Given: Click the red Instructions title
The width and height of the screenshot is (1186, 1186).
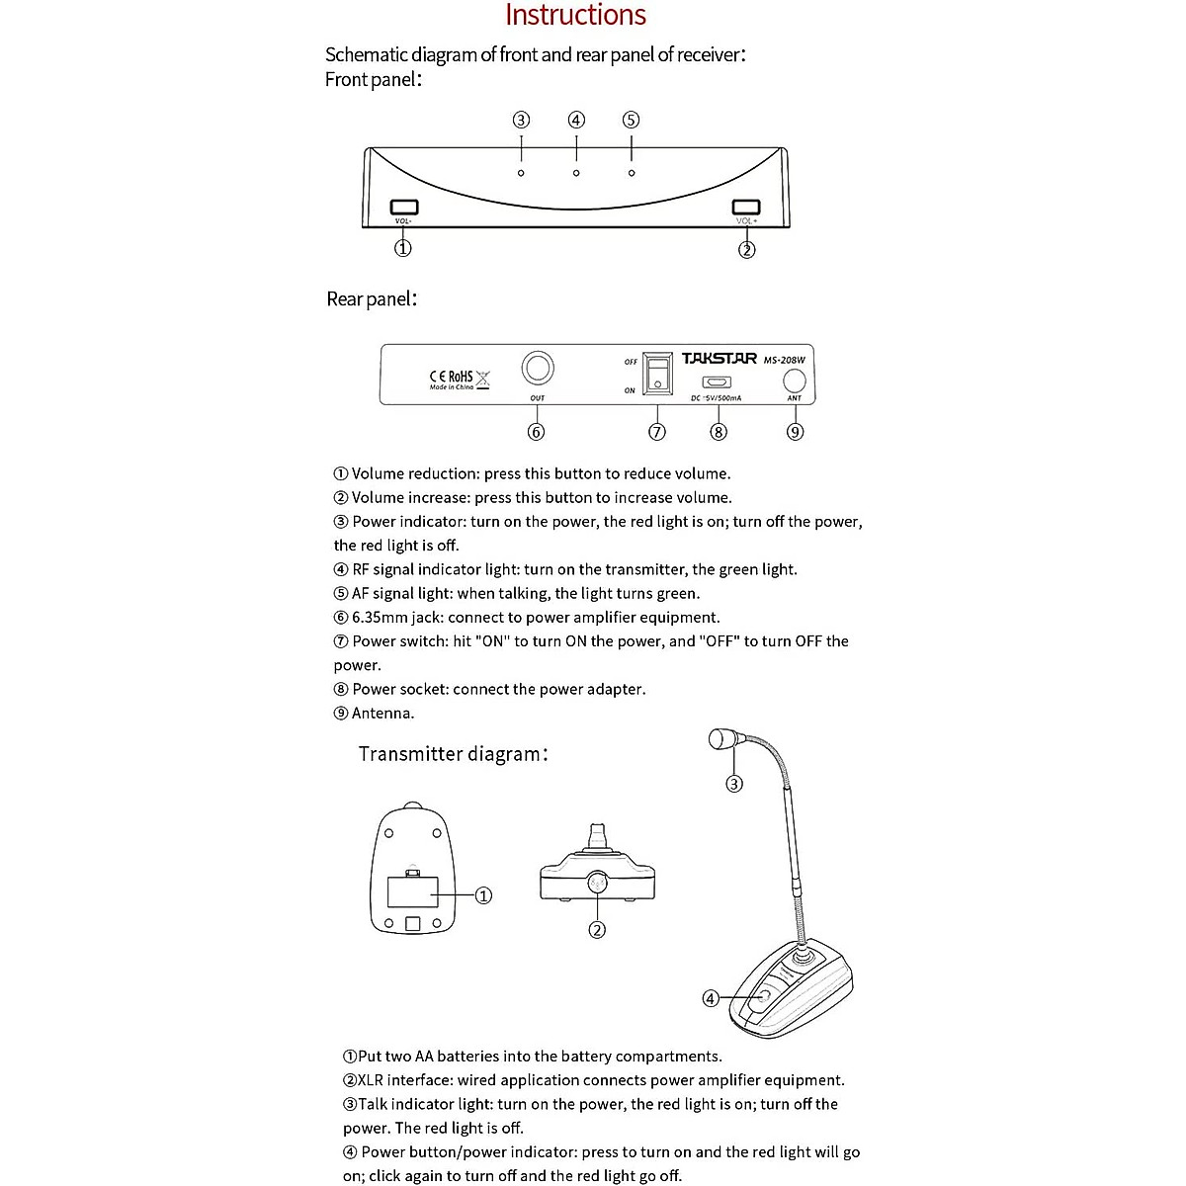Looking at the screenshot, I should [575, 16].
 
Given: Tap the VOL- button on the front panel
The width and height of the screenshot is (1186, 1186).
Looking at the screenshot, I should [404, 207].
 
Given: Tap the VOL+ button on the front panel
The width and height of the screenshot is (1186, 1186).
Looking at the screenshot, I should [746, 207].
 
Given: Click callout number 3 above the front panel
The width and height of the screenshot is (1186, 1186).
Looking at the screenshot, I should [521, 121].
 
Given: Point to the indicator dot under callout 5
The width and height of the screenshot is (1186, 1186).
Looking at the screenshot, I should [632, 173].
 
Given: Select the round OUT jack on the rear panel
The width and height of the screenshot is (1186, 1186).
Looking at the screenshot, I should [538, 369].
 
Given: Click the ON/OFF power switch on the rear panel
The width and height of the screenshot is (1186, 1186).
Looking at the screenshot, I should [657, 374].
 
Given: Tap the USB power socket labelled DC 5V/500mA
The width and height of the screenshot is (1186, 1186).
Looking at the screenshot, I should [717, 382].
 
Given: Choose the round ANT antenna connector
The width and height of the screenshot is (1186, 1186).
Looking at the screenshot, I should [794, 381].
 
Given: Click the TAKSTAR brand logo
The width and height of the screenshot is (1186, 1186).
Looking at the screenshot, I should [720, 359].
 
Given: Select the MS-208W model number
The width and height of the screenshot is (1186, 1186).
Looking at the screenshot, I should [785, 360].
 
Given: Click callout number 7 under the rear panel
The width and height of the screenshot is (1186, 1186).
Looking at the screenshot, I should [657, 432].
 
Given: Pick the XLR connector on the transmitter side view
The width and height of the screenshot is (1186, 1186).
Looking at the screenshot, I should [597, 882].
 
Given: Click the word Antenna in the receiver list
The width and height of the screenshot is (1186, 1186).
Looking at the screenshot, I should [383, 714].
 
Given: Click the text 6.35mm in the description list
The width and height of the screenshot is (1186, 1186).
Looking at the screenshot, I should [381, 618].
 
